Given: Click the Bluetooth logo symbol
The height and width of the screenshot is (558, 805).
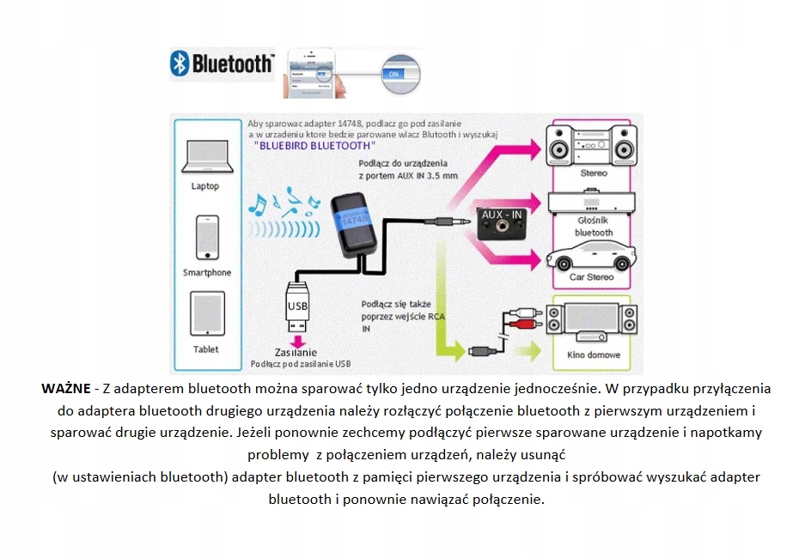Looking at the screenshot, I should click(180, 64).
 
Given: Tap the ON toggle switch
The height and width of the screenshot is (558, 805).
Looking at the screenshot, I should click(395, 74).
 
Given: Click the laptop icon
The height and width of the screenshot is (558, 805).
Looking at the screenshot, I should click(205, 158).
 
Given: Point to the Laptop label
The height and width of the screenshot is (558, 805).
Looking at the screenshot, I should click(205, 186).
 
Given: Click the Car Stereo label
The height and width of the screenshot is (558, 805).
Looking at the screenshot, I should click(593, 278).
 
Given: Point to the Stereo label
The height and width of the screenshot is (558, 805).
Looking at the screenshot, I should click(594, 173).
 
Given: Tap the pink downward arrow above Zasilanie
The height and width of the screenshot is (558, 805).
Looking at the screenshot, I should click(297, 341).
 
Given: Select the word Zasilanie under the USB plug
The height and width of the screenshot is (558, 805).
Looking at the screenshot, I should click(296, 353).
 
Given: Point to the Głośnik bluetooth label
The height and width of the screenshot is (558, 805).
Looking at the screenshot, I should click(594, 226).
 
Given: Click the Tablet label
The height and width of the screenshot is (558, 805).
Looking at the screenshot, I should click(206, 349).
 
